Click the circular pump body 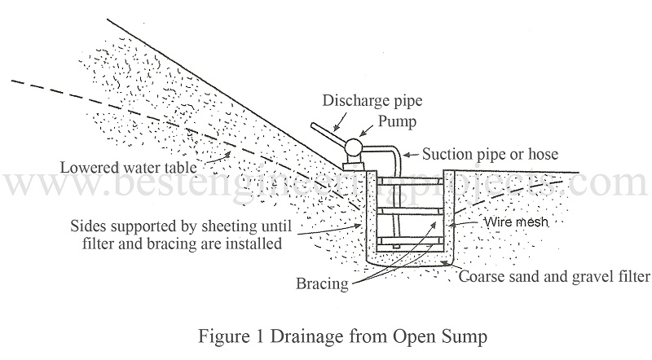point(355,146)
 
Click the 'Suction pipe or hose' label point(486,152)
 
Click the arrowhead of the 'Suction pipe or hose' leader point(405,156)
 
